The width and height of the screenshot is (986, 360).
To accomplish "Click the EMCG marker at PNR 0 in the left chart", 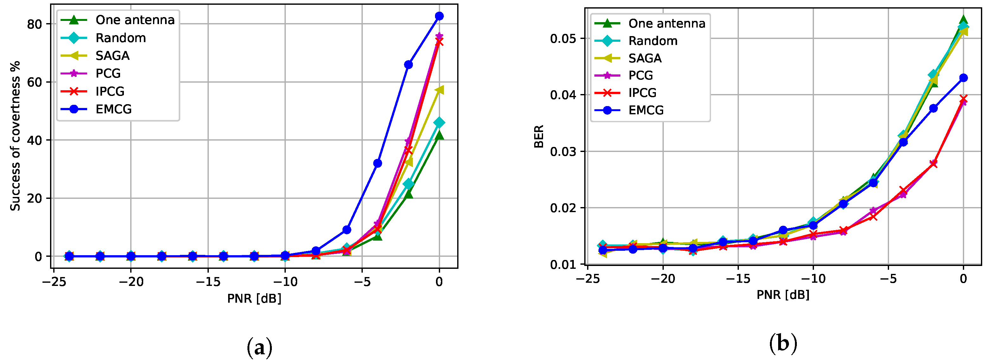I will tap(439, 16).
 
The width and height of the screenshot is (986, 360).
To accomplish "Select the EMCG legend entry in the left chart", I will tap(113, 110).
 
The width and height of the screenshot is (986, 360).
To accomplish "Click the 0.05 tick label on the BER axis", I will tap(563, 39).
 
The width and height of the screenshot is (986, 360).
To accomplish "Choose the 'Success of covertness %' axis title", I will tap(15, 136).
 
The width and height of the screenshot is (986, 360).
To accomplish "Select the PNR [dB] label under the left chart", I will tap(254, 298).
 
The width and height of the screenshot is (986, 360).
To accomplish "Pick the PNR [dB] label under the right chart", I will tap(783, 294).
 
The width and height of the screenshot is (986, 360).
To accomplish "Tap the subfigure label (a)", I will tap(259, 347).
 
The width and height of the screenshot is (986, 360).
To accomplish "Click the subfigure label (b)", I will tap(783, 344).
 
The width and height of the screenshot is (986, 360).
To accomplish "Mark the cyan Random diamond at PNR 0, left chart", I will tap(439, 123).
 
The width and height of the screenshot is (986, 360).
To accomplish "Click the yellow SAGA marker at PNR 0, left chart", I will tap(439, 90).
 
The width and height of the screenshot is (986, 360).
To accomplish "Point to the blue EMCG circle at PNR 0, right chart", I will tap(964, 78).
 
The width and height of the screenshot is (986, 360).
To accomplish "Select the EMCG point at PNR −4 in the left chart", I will tap(377, 163).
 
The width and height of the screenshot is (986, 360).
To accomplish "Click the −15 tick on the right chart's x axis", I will tap(738, 279).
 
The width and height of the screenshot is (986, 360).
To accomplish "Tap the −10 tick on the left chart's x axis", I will tap(285, 282).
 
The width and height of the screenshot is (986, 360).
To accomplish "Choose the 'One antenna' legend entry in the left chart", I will tap(135, 20).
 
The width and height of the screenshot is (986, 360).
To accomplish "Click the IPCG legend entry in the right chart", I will tap(642, 92).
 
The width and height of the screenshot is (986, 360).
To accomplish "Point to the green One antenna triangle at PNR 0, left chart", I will tap(439, 135).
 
